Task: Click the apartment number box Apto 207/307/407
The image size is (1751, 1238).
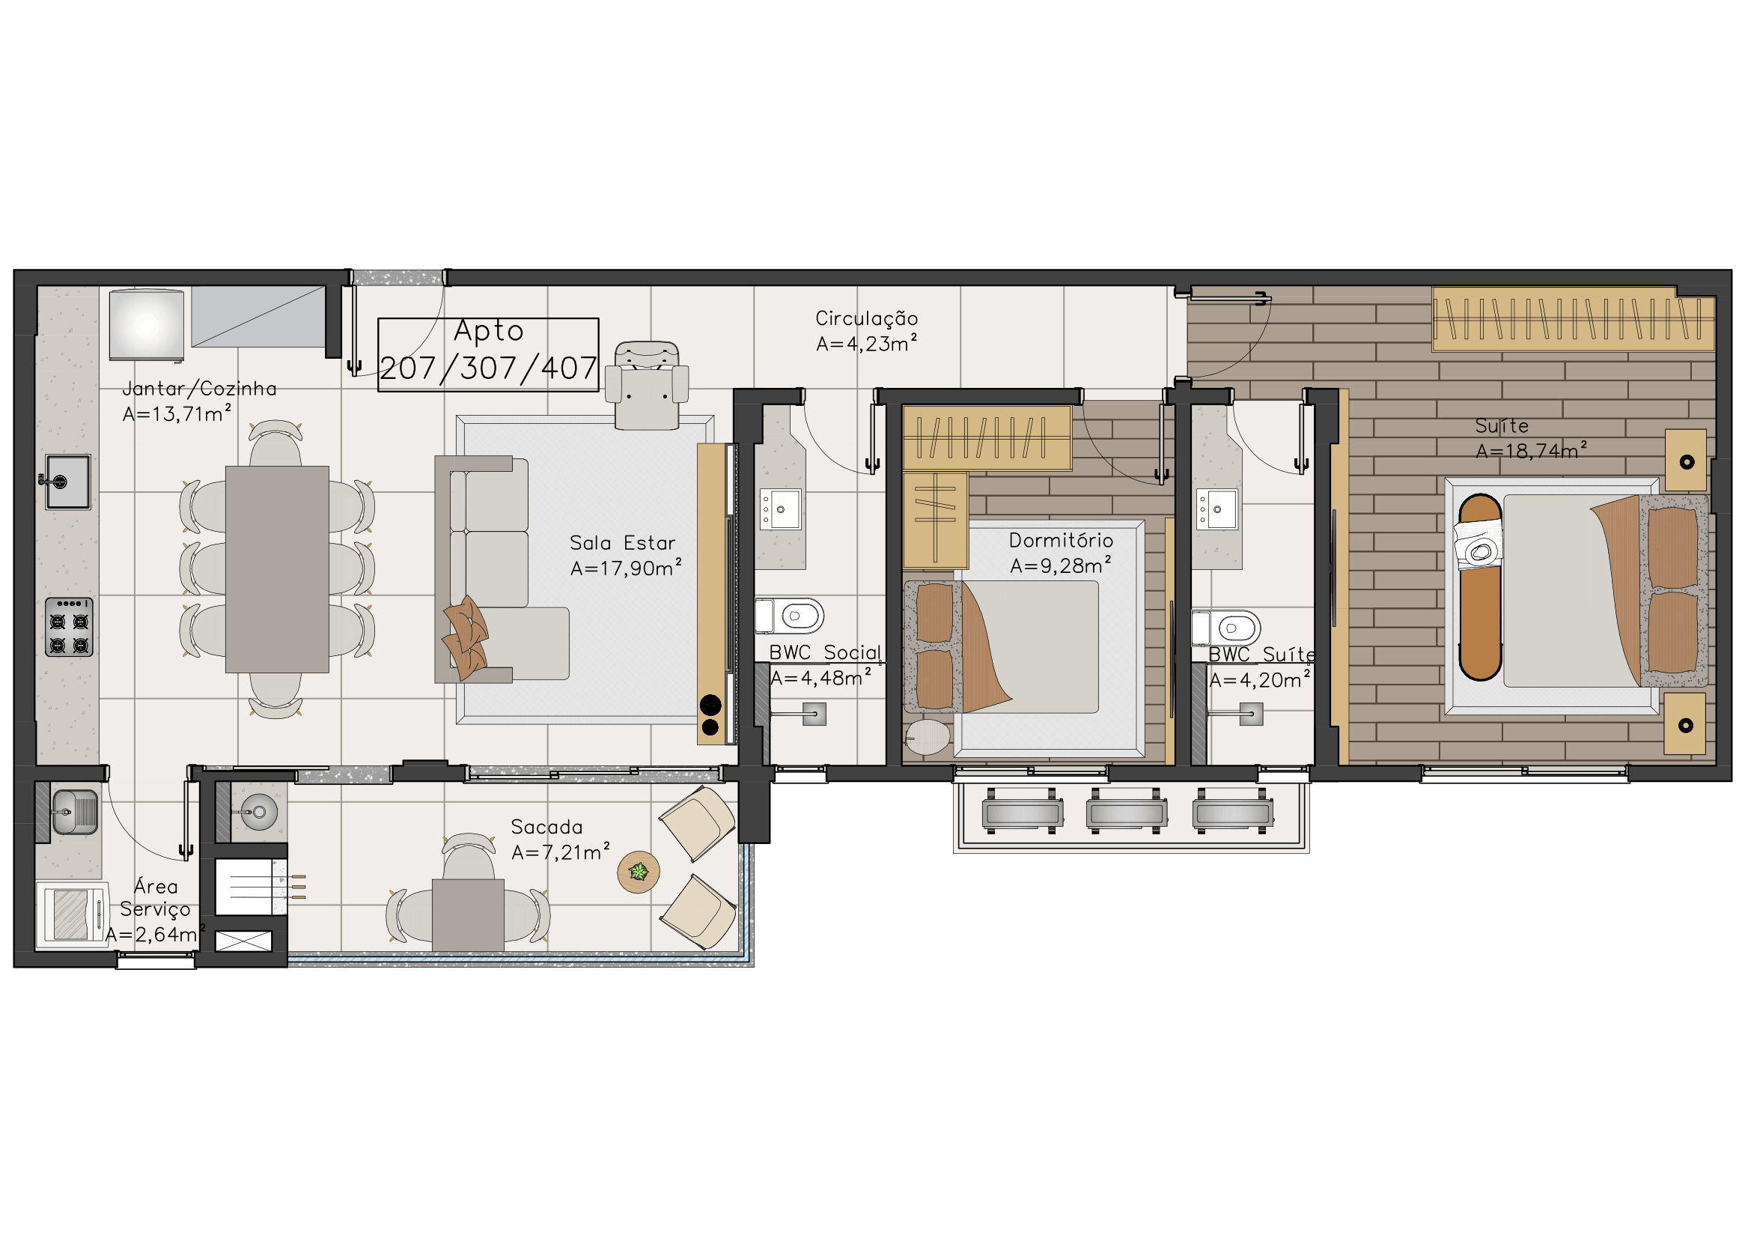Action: coord(488,355)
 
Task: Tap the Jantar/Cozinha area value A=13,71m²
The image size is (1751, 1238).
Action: coord(177,413)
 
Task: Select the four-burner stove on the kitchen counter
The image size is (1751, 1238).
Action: coord(70,627)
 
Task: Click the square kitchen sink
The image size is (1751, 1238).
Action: coord(68,482)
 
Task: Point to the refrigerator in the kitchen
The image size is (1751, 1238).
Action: coord(147,324)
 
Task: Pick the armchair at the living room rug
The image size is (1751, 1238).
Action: coord(647,386)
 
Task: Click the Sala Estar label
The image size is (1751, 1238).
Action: coord(622,543)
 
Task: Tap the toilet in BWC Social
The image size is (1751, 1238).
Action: coord(789,616)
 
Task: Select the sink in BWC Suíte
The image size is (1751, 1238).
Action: coord(1216,509)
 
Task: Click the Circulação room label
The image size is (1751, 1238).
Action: coord(866,319)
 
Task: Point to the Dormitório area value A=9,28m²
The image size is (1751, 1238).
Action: coord(1061,565)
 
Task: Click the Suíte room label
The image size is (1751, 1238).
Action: coord(1502,425)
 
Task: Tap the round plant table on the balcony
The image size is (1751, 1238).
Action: coord(639,872)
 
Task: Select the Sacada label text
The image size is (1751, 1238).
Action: coord(546,827)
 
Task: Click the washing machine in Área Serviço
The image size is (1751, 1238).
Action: coord(73,914)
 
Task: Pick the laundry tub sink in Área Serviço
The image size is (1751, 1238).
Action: coord(74,811)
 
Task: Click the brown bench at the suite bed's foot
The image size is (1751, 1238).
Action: coord(1480,586)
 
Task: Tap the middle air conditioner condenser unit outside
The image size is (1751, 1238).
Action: coord(1127,811)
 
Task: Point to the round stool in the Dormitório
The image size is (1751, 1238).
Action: coord(928,737)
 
